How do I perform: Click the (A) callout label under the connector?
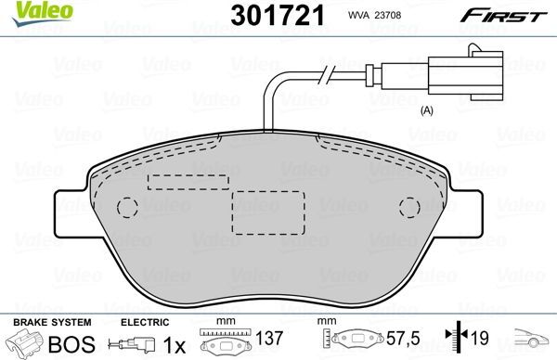[427, 110]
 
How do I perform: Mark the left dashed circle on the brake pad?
[128, 208]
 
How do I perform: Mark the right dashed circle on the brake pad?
[406, 208]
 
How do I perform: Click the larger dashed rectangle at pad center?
[267, 212]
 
